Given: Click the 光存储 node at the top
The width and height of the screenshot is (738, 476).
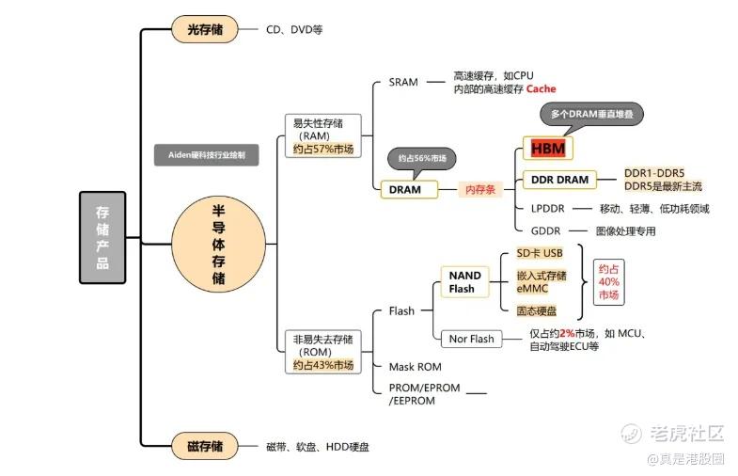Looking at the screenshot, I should click(x=205, y=29).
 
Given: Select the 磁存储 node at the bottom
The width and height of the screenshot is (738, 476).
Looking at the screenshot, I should click(x=205, y=446).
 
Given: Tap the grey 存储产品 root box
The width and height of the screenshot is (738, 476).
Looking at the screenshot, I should click(x=102, y=237).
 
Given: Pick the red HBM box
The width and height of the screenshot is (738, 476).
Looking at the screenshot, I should click(x=548, y=149).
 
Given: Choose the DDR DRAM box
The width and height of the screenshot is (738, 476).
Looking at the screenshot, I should click(x=560, y=180).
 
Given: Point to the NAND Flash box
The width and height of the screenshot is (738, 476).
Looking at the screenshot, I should click(x=463, y=281).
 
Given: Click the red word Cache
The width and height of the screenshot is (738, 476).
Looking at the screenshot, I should click(x=541, y=88).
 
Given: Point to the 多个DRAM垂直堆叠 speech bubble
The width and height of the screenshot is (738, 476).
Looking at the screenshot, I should click(x=591, y=114).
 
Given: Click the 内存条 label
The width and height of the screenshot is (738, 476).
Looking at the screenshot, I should click(x=481, y=189).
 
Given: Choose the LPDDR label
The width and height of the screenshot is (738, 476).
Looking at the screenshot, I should click(x=547, y=208).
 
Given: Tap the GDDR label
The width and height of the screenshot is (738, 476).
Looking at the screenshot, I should click(x=545, y=230).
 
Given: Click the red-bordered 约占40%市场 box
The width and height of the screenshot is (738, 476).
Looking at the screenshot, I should click(x=609, y=281).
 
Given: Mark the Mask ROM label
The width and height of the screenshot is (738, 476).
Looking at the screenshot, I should click(x=415, y=366).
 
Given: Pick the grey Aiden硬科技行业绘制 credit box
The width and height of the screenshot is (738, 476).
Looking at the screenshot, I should click(x=207, y=156).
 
